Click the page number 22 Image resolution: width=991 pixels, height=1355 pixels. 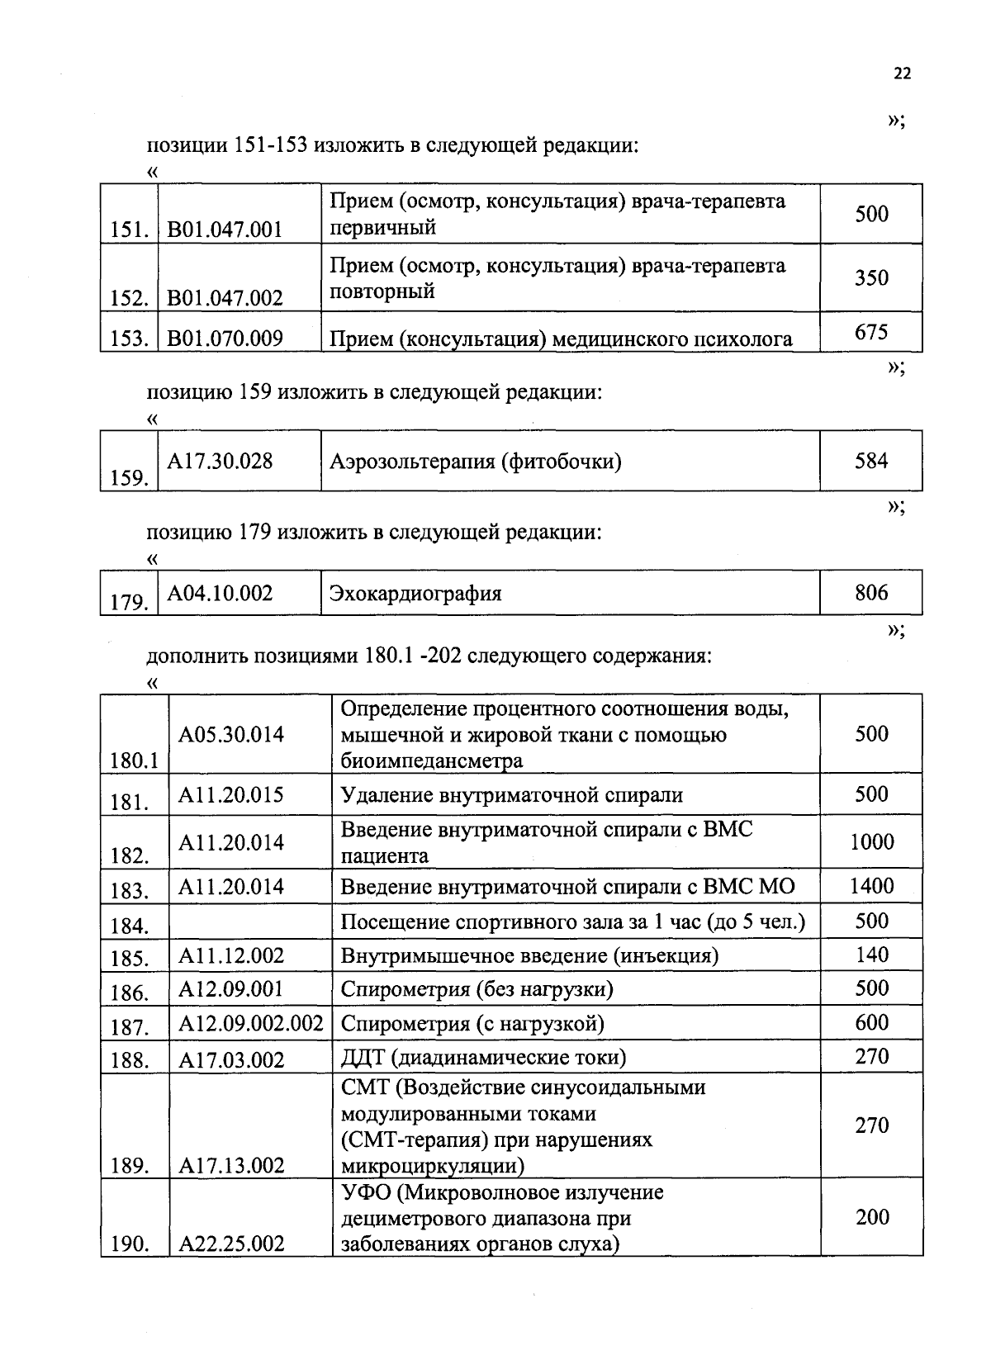pos(902,73)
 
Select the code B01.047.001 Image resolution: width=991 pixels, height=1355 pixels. pos(225,229)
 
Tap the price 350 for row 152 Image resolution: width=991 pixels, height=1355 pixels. pos(871,277)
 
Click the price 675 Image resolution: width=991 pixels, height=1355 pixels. pos(871,332)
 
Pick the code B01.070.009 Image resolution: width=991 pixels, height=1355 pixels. pos(225,338)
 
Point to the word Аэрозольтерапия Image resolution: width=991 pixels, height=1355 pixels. pos(411,461)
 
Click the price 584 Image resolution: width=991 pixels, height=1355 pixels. pos(871,461)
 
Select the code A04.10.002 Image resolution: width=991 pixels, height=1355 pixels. pos(220,593)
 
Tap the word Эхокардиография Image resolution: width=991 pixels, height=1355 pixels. pos(415,594)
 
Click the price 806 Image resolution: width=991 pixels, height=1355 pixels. pos(871,592)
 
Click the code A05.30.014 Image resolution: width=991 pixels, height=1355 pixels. pos(231,734)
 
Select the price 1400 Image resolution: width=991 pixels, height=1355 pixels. pos(872,886)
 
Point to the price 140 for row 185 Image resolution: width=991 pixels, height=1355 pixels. pos(872,955)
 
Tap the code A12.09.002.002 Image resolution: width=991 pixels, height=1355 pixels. pos(250,1024)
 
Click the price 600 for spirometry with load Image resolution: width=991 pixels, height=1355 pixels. pos(872,1022)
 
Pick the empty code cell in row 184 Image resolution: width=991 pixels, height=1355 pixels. pos(250,921)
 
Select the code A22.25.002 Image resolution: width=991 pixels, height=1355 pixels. pos(231,1244)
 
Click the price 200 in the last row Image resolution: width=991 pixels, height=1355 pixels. pos(872,1216)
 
